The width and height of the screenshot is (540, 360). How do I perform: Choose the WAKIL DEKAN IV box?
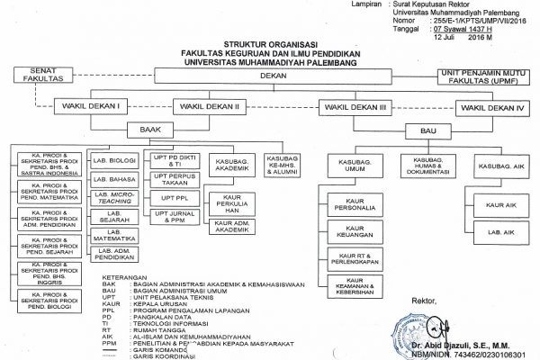tap(491, 107)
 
